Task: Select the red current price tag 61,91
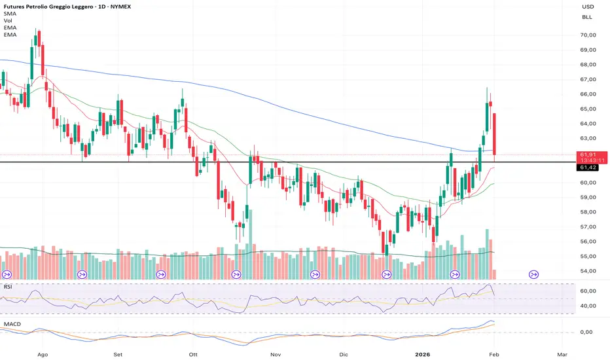(x=586, y=155)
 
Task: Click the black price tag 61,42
(x=586, y=168)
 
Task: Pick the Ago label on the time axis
(x=44, y=353)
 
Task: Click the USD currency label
(x=587, y=7)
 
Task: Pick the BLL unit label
(x=587, y=18)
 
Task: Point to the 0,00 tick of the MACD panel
(x=588, y=333)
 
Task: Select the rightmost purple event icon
(x=533, y=275)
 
